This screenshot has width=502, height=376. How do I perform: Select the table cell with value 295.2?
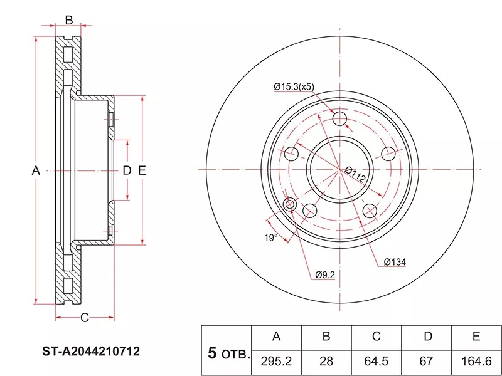click(276, 361)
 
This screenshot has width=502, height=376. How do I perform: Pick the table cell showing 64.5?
click(376, 361)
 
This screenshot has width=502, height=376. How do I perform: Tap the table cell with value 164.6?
click(476, 361)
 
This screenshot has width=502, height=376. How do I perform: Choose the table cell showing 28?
click(326, 361)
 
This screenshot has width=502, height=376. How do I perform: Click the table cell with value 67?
click(427, 361)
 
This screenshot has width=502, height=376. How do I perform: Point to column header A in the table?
click(276, 337)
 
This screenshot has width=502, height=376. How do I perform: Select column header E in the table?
click(476, 337)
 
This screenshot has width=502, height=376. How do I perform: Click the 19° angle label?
click(269, 238)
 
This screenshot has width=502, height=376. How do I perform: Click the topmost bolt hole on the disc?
click(339, 120)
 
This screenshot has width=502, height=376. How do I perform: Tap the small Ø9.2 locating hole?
click(290, 204)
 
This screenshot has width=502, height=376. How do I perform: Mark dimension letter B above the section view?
click(69, 20)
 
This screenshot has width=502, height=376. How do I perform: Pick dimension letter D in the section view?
click(126, 170)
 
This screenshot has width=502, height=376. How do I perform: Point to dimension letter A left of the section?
click(36, 170)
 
